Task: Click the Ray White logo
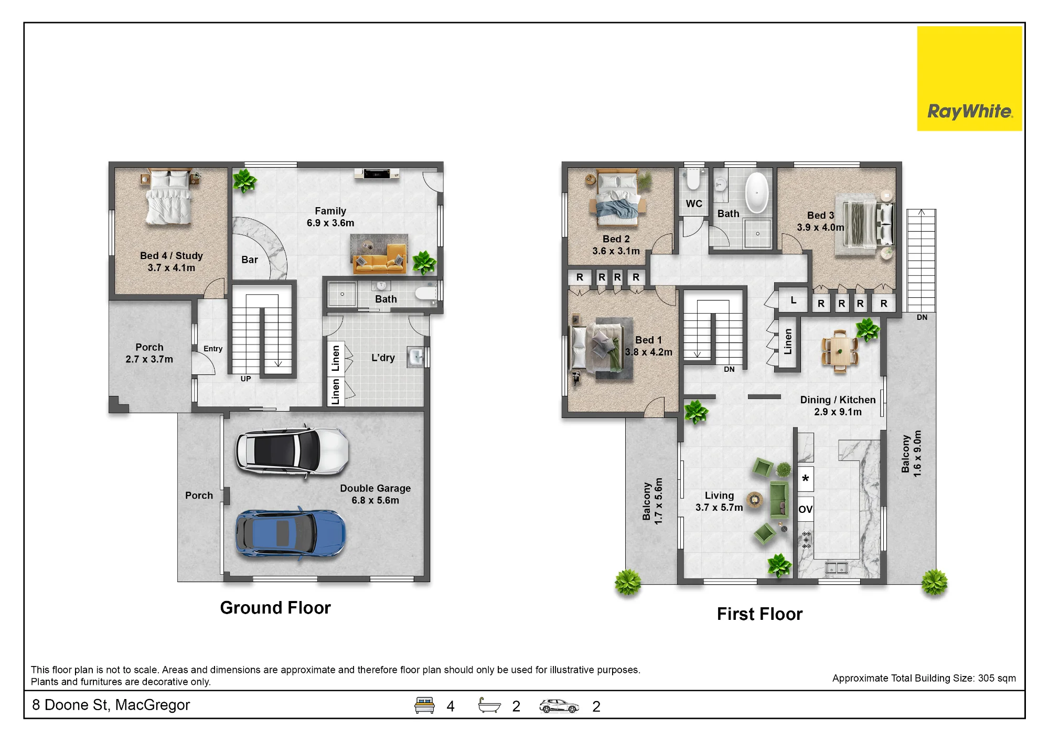tap(969, 79)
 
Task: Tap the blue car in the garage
tap(291, 533)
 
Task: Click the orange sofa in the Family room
tap(380, 259)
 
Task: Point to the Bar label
tap(250, 260)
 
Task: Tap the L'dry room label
tap(383, 358)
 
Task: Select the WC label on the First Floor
tap(694, 203)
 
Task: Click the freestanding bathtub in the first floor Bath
tap(757, 192)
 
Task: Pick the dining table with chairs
tap(840, 351)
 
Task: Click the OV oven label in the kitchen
tap(806, 509)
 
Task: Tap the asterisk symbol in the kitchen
tap(806, 478)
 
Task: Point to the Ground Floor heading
tap(275, 608)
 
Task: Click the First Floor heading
tap(759, 614)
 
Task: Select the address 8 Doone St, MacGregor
tap(111, 705)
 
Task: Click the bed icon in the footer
tap(424, 705)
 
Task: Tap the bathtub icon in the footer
tap(489, 705)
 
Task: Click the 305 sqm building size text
tap(997, 678)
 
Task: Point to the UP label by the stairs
tap(245, 379)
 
